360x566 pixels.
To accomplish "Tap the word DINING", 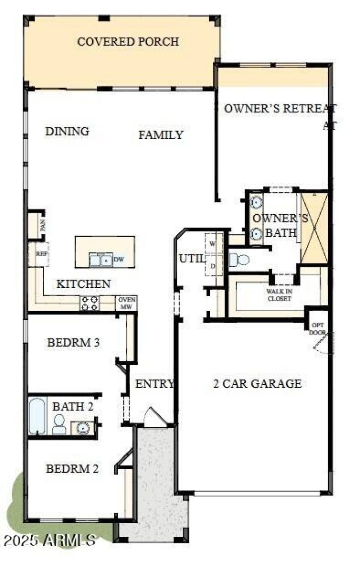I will pyautogui.click(x=67, y=131).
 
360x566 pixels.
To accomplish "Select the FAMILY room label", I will pyautogui.click(x=161, y=135).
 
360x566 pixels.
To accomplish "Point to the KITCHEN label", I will pyautogui.click(x=83, y=284).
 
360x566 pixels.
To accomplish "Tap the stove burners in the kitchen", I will pyautogui.click(x=90, y=303).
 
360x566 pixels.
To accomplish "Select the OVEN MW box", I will pyautogui.click(x=126, y=303).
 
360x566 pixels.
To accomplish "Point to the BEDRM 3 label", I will pyautogui.click(x=73, y=343).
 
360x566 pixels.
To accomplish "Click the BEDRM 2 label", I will pyautogui.click(x=72, y=469).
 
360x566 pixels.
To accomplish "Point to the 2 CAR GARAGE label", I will pyautogui.click(x=257, y=384).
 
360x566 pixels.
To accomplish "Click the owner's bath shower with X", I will pyautogui.click(x=314, y=227).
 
